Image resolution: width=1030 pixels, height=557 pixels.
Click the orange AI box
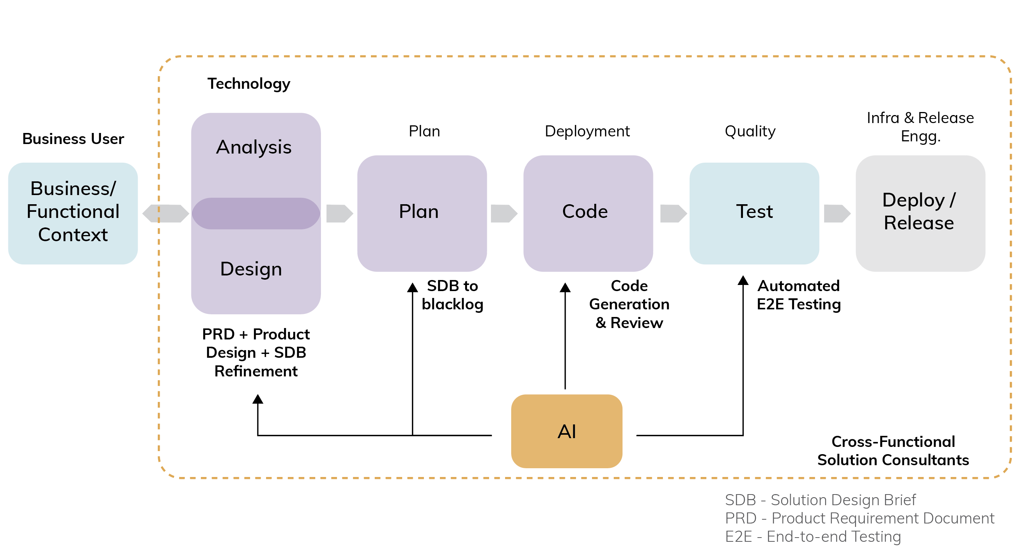tap(566, 431)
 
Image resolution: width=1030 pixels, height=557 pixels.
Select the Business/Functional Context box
tap(73, 213)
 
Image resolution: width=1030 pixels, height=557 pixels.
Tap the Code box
tap(588, 213)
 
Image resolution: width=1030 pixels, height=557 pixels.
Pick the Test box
tap(754, 213)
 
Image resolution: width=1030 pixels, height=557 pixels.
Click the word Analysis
tap(253, 147)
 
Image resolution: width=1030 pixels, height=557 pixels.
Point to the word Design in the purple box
tap(251, 269)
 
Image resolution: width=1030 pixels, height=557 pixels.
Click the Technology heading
tap(249, 83)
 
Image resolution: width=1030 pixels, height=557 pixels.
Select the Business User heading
tap(73, 139)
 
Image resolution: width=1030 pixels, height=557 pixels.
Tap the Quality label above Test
tap(750, 131)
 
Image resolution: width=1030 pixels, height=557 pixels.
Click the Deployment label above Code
tap(587, 131)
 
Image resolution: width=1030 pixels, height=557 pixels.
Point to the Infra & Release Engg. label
tap(920, 126)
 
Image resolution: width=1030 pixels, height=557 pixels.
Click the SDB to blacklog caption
tap(452, 295)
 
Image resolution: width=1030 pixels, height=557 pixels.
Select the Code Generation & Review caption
tap(629, 304)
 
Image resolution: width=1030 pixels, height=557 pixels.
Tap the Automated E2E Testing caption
tap(799, 295)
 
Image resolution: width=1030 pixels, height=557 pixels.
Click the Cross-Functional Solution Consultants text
tap(893, 450)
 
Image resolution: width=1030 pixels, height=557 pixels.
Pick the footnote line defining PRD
tap(859, 518)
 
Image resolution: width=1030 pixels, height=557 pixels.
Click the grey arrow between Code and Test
tap(673, 213)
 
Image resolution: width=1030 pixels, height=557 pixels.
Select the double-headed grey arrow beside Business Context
tap(165, 213)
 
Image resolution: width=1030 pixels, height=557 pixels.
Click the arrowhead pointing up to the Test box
tap(743, 280)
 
